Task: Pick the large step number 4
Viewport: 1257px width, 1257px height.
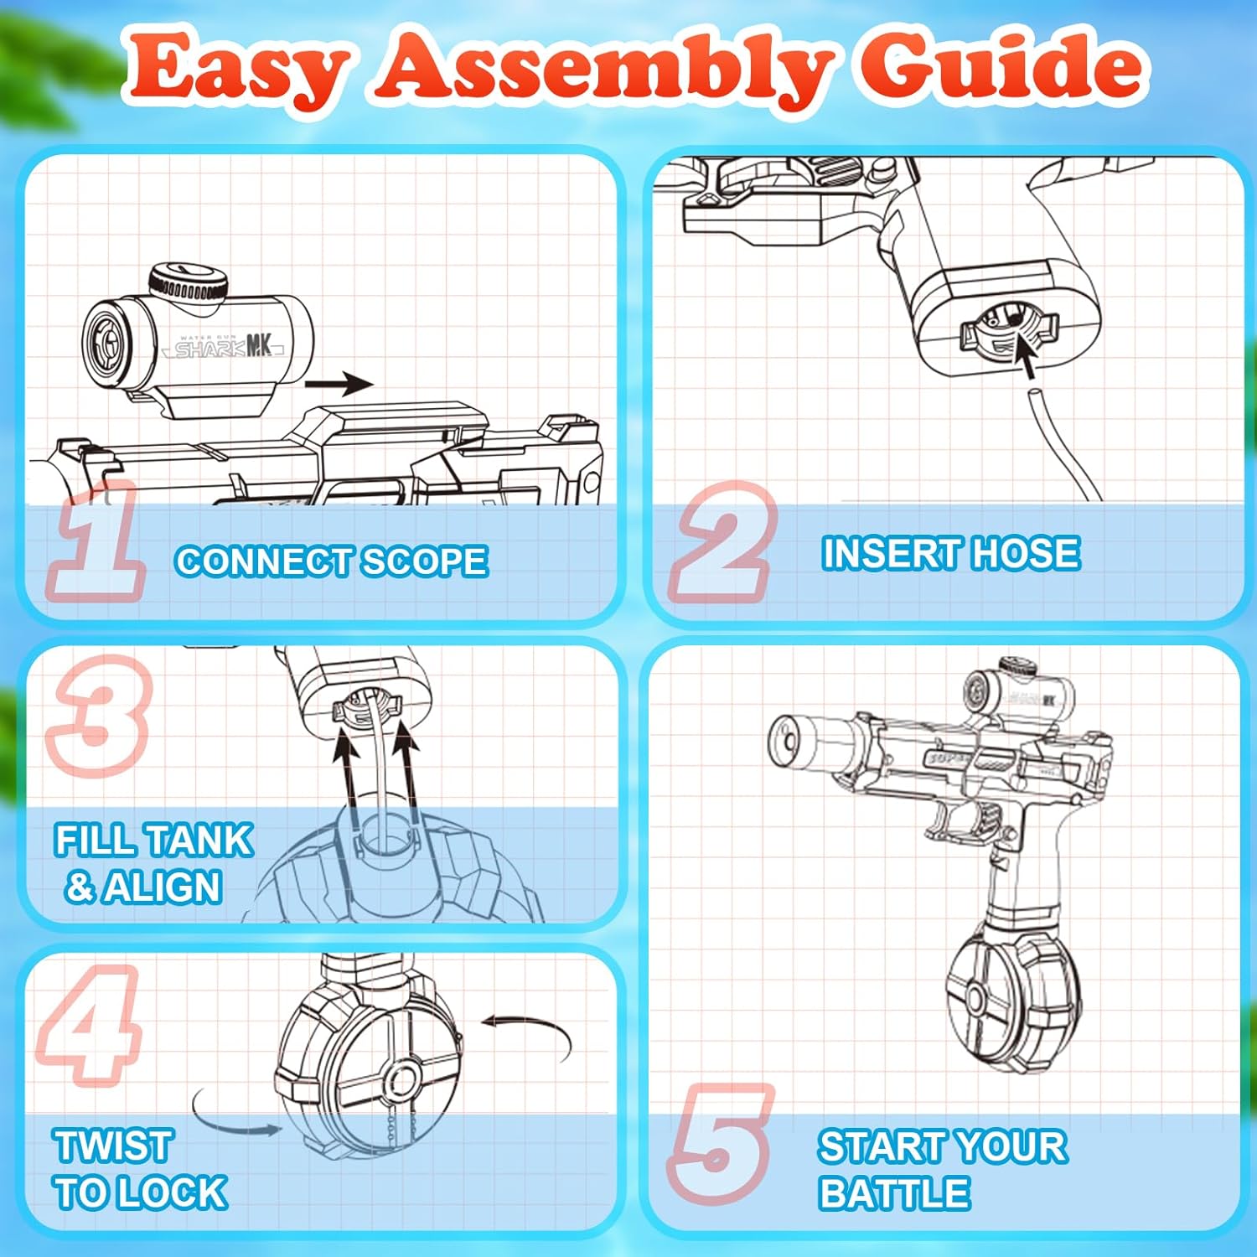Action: (x=89, y=1024)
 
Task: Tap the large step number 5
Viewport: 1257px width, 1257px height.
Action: (x=721, y=1144)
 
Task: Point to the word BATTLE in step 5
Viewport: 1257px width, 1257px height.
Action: (x=894, y=1192)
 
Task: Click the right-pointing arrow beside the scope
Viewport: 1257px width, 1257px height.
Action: (x=339, y=385)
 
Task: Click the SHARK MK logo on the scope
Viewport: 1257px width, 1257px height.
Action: (x=226, y=346)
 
